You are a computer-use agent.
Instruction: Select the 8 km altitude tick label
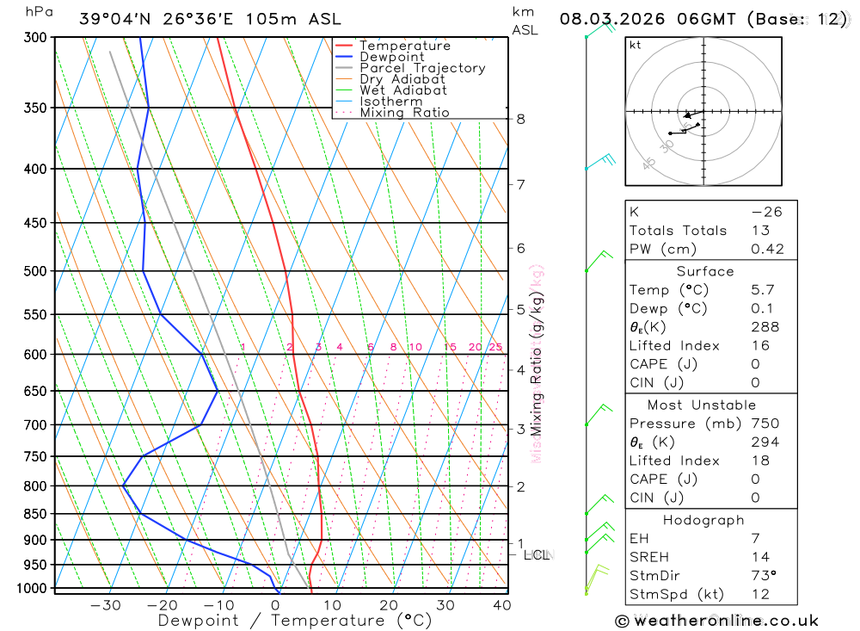click(520, 119)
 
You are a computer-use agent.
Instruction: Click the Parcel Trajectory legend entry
click(422, 68)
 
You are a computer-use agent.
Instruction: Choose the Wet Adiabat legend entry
click(403, 90)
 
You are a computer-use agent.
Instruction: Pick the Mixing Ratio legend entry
click(404, 113)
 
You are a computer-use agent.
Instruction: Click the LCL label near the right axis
click(536, 555)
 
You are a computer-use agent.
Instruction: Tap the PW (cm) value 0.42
click(767, 250)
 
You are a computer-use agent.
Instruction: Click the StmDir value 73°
click(763, 576)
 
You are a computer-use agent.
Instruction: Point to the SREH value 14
click(759, 557)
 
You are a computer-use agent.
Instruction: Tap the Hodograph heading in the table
click(704, 521)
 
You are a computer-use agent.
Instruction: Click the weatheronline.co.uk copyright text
click(716, 621)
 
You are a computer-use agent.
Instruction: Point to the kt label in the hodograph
click(636, 46)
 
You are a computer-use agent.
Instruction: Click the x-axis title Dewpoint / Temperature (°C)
click(295, 621)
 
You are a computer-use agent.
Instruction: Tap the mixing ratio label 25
click(495, 348)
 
